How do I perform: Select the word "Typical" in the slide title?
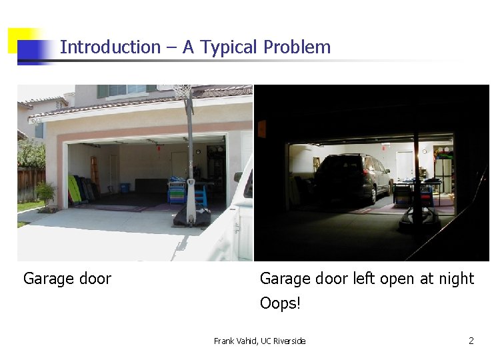click(x=229, y=47)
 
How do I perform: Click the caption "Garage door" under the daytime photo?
click(x=67, y=279)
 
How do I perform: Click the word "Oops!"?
click(x=280, y=303)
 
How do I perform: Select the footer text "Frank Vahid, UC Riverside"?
click(x=259, y=341)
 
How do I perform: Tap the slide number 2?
click(x=471, y=341)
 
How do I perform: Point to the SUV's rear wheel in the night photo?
click(x=372, y=195)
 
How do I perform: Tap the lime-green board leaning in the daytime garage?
click(x=73, y=188)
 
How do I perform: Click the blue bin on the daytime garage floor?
click(x=124, y=188)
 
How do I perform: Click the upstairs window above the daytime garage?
click(x=127, y=89)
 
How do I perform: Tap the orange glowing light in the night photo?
click(x=261, y=129)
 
